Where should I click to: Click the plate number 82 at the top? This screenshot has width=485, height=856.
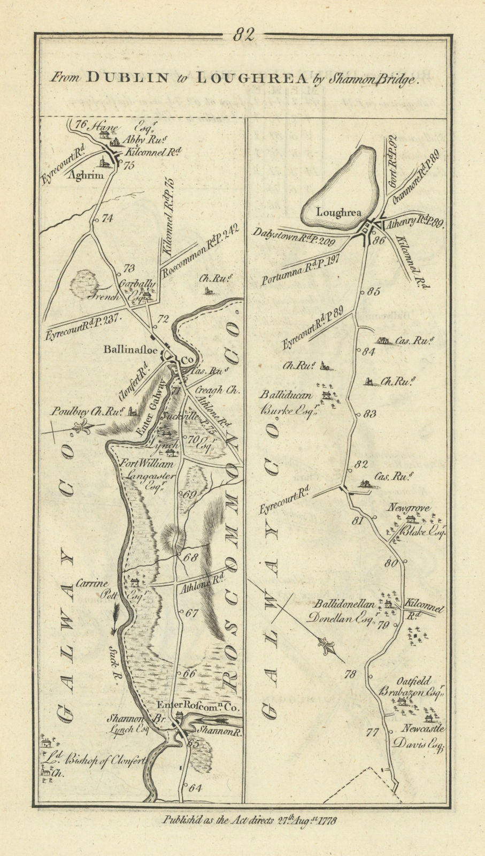[243, 35]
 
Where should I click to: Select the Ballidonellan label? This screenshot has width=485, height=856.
[344, 604]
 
